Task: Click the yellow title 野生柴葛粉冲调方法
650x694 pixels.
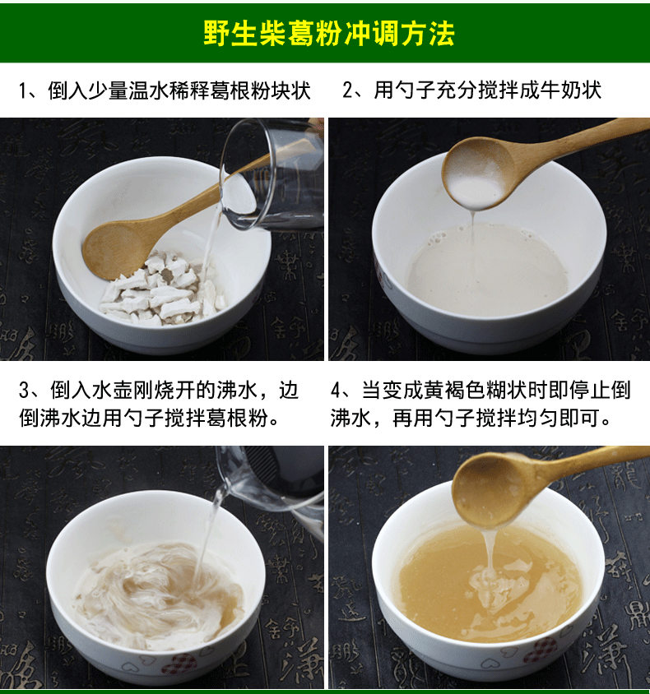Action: coord(329,33)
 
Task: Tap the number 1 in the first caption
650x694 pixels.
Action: coord(24,90)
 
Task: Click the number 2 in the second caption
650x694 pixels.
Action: coord(349,90)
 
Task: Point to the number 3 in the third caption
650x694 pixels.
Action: coord(25,391)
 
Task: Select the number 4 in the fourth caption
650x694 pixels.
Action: coord(337,391)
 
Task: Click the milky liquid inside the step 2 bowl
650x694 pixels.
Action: coord(487,271)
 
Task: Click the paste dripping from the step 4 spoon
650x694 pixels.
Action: coord(490,553)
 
